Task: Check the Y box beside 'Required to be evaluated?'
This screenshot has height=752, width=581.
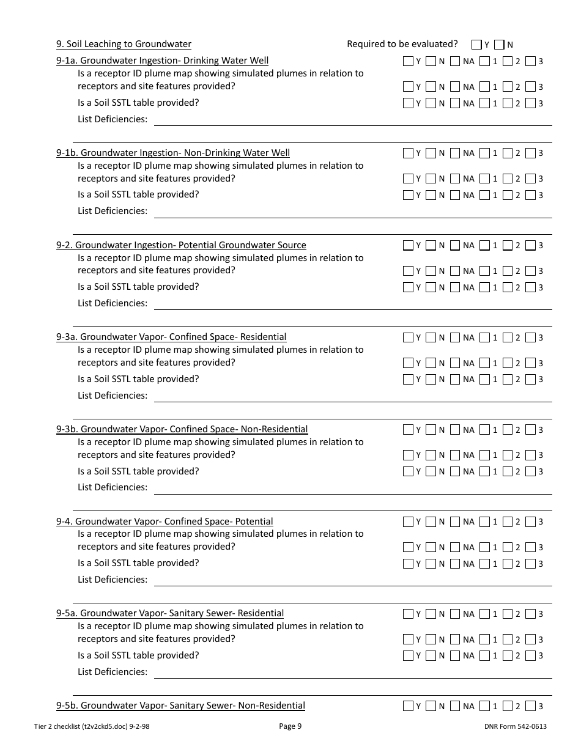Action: (x=476, y=45)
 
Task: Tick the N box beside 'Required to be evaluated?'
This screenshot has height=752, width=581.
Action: (x=499, y=45)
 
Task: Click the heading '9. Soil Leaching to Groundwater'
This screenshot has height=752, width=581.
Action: (x=124, y=44)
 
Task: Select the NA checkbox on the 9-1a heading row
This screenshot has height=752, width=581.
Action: (x=454, y=61)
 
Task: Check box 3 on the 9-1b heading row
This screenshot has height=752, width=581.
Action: (x=530, y=153)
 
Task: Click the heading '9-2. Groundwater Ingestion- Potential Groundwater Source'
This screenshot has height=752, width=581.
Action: (x=181, y=245)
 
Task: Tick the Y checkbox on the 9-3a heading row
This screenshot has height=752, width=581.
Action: (x=408, y=337)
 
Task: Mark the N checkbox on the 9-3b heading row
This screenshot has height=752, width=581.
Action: (x=431, y=429)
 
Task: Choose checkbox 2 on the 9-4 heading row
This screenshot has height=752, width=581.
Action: (x=508, y=522)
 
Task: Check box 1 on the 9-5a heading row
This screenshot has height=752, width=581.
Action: (x=484, y=614)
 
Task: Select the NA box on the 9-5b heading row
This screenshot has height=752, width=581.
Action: (x=454, y=706)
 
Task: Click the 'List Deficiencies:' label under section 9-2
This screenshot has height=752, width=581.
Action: (x=113, y=303)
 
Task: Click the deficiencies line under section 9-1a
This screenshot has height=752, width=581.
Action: (x=353, y=125)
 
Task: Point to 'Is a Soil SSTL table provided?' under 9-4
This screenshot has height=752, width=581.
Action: (x=138, y=563)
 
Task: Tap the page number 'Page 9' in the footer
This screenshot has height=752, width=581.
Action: (x=290, y=726)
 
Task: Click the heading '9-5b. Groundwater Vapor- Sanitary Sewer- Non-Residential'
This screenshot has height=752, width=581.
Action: (x=180, y=706)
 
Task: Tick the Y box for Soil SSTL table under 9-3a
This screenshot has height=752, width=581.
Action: (x=408, y=379)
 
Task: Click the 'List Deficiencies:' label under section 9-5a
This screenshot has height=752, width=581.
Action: (x=113, y=671)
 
